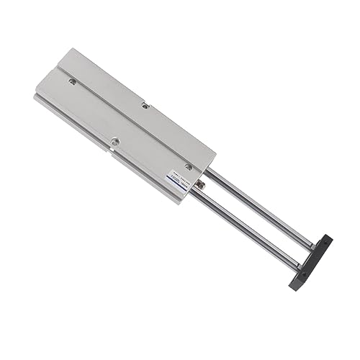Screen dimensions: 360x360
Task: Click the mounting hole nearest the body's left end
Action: pyautogui.click(x=73, y=81)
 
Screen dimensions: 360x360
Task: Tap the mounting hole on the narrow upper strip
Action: pyautogui.click(x=145, y=106)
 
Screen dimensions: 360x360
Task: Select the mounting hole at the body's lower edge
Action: pyautogui.click(x=114, y=141)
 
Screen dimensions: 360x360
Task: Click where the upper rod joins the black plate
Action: pyautogui.click(x=311, y=247)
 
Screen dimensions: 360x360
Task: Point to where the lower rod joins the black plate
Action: pyautogui.click(x=296, y=266)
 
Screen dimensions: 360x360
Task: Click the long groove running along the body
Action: pyautogui.click(x=122, y=108)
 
